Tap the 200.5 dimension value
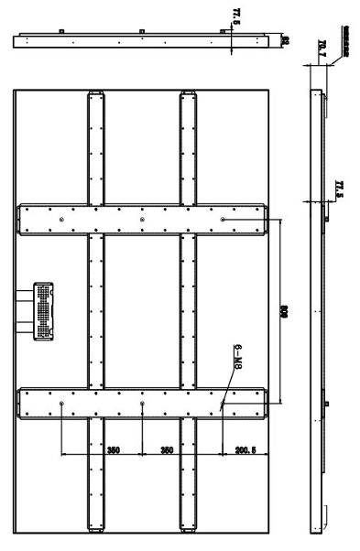245,450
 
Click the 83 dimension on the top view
285,41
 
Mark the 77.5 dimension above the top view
236,16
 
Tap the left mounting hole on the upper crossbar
60,220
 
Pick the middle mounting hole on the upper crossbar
141,220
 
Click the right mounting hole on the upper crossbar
224,220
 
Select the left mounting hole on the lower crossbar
60,403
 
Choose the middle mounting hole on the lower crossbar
141,403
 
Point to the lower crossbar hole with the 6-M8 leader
223,403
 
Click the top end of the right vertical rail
188,95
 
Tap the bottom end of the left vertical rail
97,527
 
